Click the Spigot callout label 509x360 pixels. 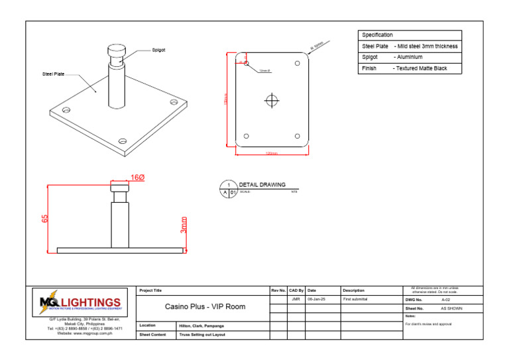pyautogui.click(x=158, y=50)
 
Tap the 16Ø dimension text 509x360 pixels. pyautogui.click(x=137, y=178)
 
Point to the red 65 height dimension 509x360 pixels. pyautogui.click(x=46, y=218)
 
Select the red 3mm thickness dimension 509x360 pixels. pyautogui.click(x=184, y=225)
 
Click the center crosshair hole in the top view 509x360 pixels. pyautogui.click(x=271, y=100)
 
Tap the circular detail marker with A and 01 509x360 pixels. pyautogui.click(x=229, y=189)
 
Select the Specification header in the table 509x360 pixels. pyautogui.click(x=377, y=35)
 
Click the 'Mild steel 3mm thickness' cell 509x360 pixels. pyautogui.click(x=426, y=46)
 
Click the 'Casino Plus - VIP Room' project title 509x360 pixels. pyautogui.click(x=205, y=307)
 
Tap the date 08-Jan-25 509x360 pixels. pyautogui.click(x=315, y=300)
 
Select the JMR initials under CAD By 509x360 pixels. pyautogui.click(x=296, y=300)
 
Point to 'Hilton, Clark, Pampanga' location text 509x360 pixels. pyautogui.click(x=201, y=326)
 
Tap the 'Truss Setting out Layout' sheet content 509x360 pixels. pyautogui.click(x=202, y=335)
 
